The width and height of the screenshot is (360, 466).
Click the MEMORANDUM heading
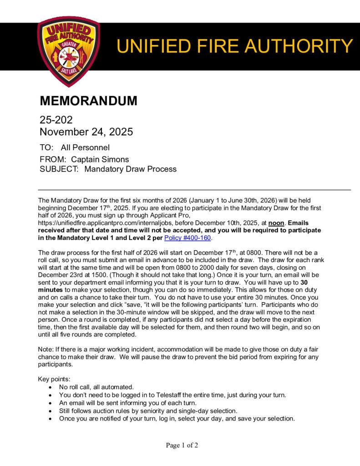pos(88,101)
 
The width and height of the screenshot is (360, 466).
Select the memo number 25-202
pos(56,120)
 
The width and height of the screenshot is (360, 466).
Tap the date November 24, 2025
pos(86,132)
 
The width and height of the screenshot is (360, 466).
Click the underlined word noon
pos(277,223)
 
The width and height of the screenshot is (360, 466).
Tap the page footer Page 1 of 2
pos(182,445)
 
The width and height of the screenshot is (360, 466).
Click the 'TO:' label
pos(46,147)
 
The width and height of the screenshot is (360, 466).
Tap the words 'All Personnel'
pos(85,147)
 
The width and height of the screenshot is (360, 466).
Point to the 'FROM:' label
pos(51,159)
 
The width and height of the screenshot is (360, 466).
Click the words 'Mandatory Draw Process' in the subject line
pos(131,169)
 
